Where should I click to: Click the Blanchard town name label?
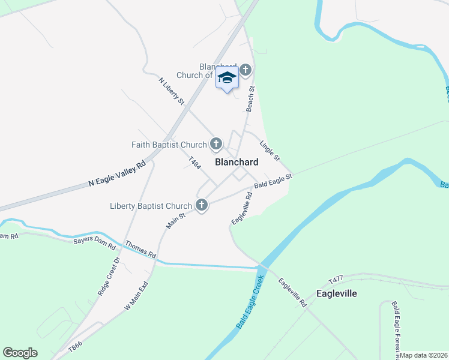tap(237, 162)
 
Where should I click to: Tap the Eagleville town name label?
tap(337, 293)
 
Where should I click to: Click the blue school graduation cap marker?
tap(227, 79)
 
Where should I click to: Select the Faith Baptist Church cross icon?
tap(215, 144)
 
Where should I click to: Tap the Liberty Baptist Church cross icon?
tap(202, 205)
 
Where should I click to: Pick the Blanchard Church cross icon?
tap(245, 71)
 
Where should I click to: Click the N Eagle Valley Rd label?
tap(117, 173)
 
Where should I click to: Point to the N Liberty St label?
tap(172, 91)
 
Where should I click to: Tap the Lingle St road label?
tap(270, 151)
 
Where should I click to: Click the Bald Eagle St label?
tap(273, 181)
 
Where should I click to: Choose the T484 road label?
tap(194, 164)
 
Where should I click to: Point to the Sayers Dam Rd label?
tap(94, 241)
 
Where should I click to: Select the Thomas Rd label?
tap(140, 250)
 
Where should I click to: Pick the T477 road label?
tap(336, 280)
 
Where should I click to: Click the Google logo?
tap(20, 353)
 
